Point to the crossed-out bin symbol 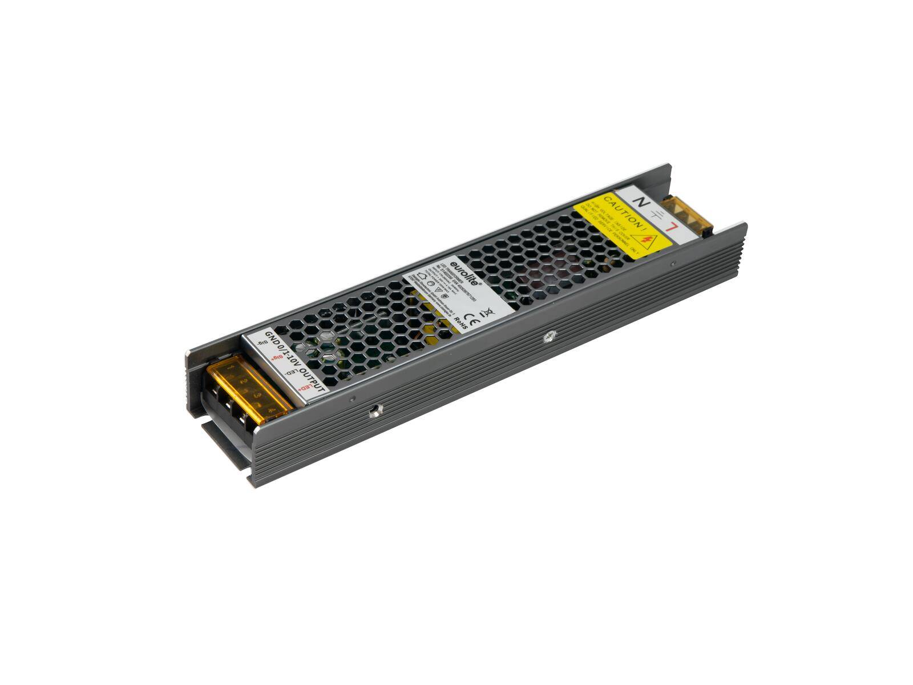coord(488,312)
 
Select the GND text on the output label coord(272,340)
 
